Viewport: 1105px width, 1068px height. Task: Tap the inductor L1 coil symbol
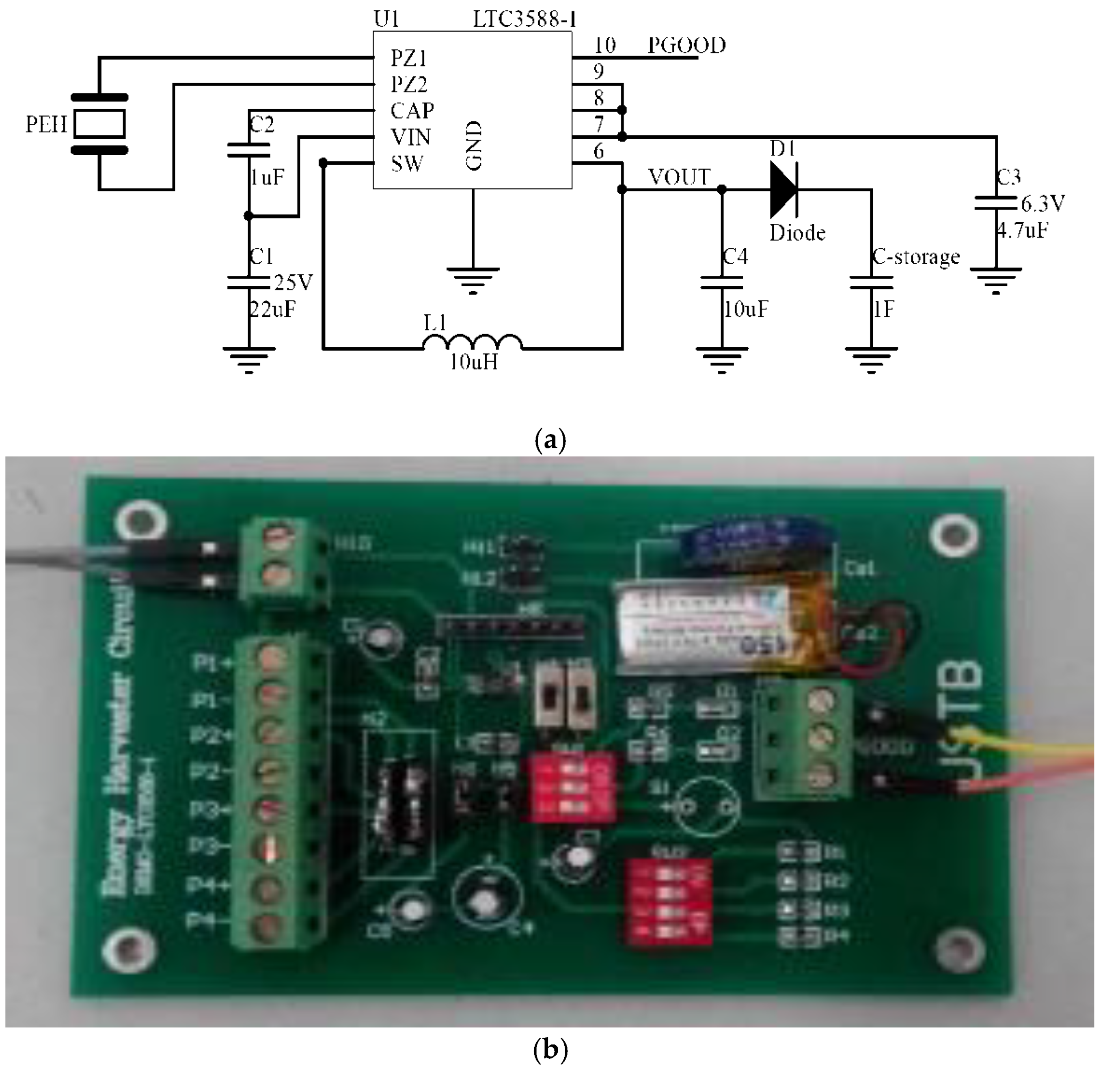click(x=473, y=342)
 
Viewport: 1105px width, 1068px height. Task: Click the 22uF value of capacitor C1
click(x=272, y=309)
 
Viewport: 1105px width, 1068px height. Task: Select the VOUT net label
click(x=679, y=177)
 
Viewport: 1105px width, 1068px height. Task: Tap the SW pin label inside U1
click(x=406, y=164)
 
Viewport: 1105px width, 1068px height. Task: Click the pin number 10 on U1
click(x=605, y=45)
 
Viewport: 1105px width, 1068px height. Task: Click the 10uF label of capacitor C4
click(x=745, y=309)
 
